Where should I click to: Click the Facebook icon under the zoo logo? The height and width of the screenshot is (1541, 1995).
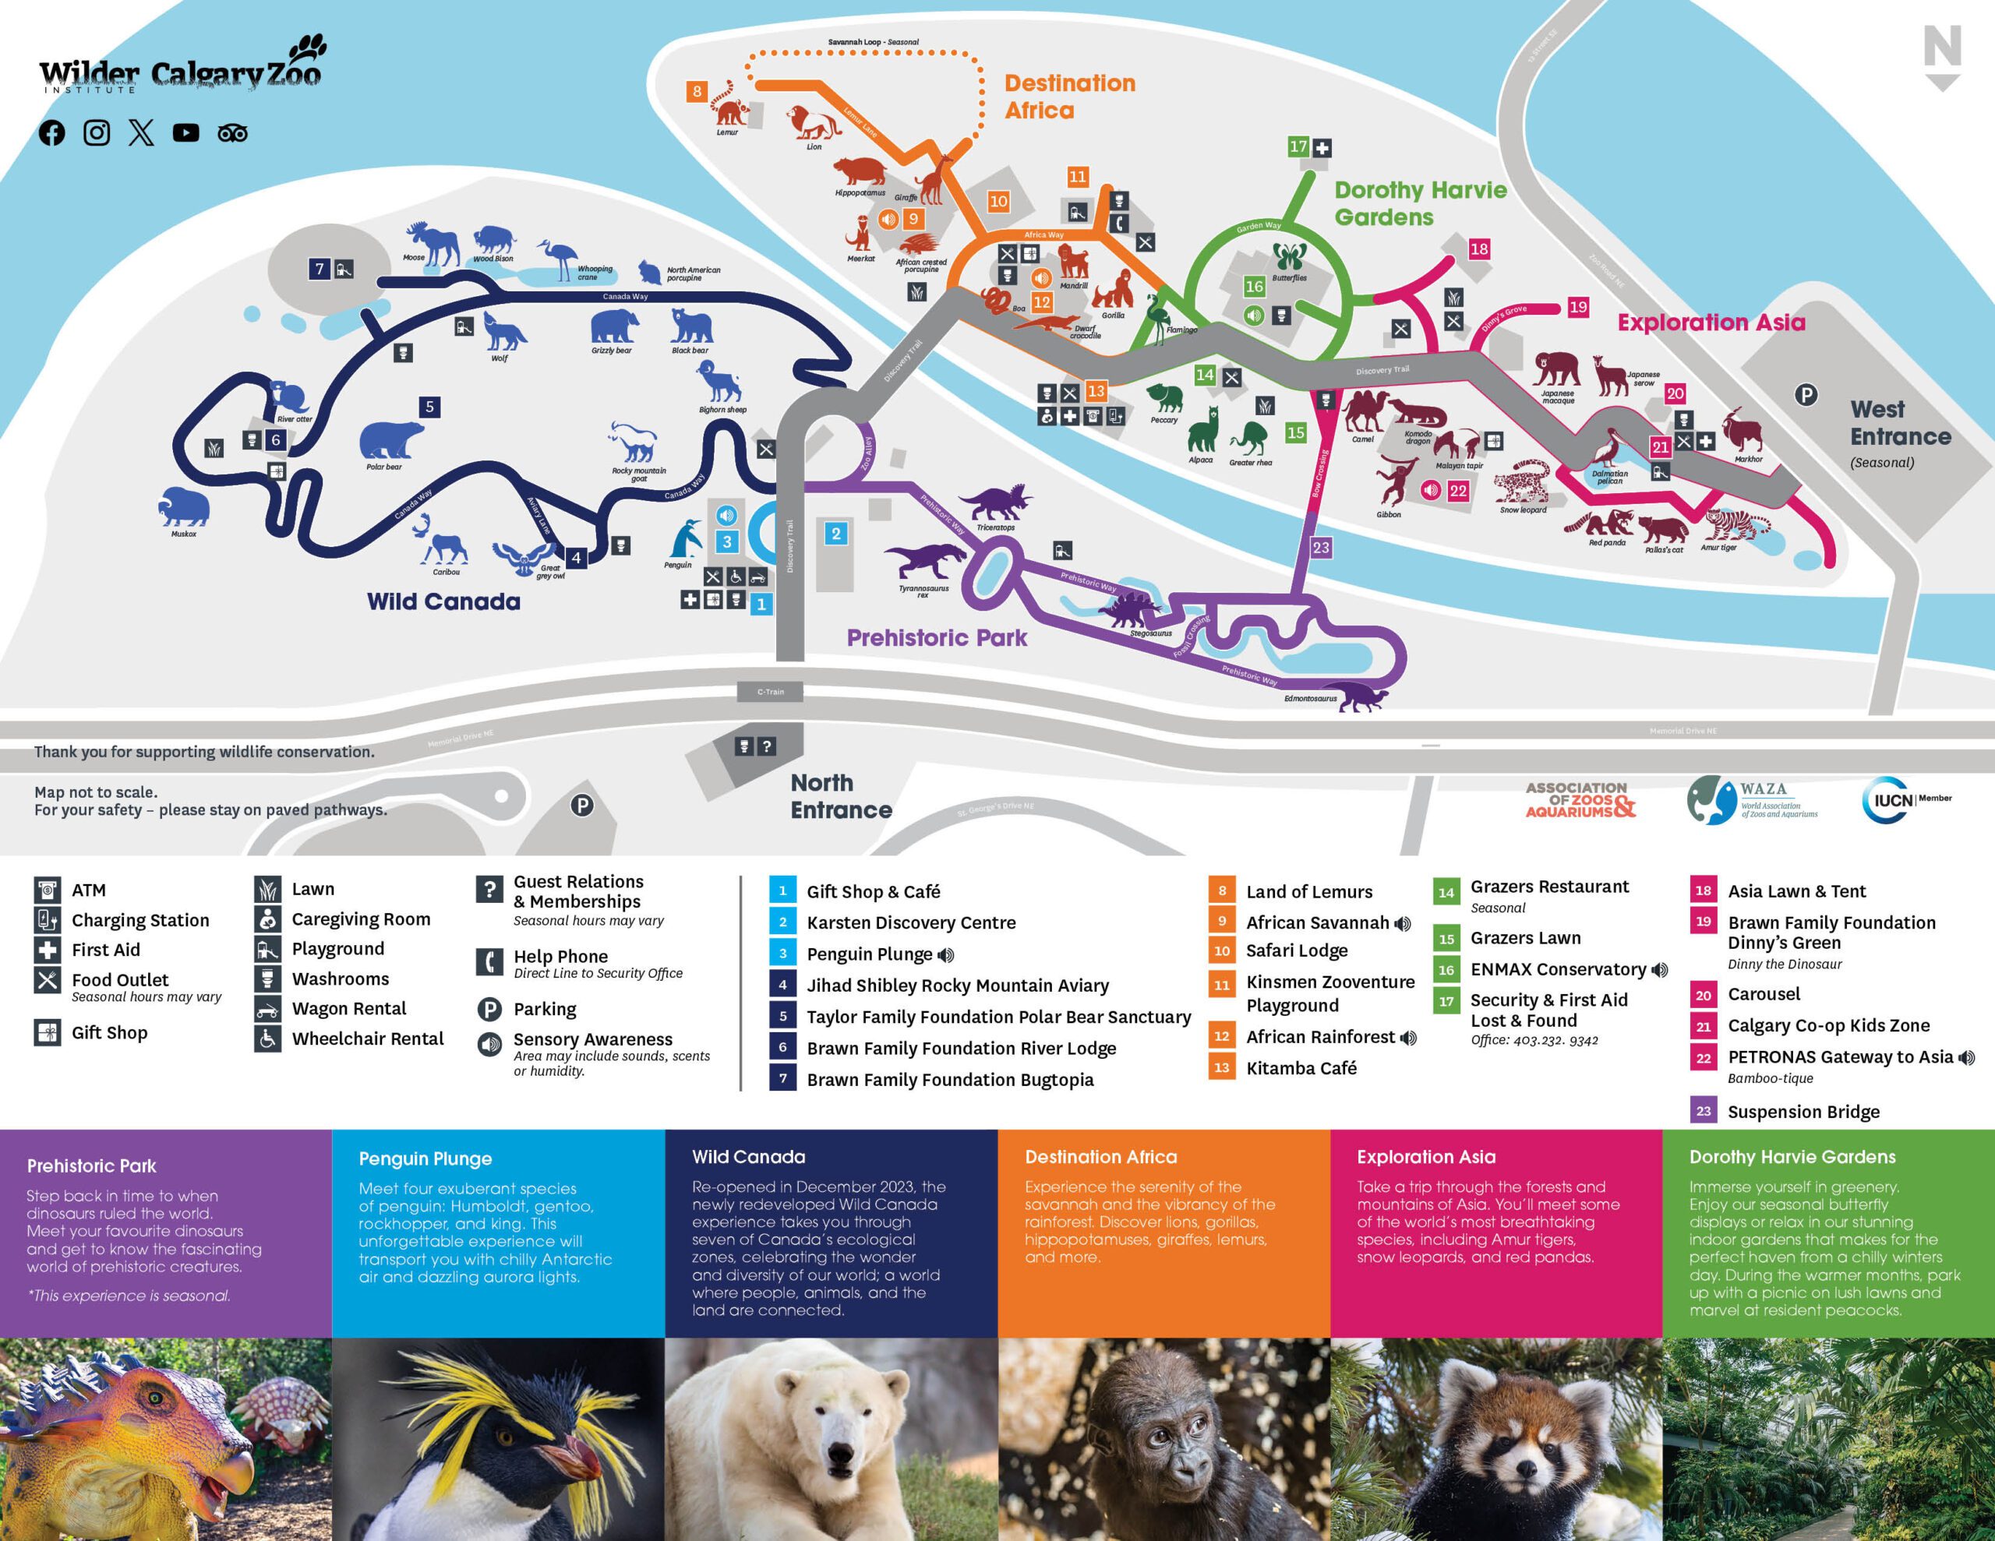[52, 133]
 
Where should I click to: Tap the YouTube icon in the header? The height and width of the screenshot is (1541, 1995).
[186, 133]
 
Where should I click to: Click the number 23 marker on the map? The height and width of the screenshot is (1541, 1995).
[1321, 547]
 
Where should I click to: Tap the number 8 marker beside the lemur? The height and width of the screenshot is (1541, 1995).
[697, 91]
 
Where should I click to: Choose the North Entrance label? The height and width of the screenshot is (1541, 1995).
[840, 795]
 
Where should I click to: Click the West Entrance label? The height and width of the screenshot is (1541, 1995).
[1900, 424]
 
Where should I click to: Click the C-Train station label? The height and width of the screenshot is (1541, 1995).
[770, 692]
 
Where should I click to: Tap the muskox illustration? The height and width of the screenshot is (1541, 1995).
[184, 507]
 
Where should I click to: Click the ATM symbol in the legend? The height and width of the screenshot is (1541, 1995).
[48, 890]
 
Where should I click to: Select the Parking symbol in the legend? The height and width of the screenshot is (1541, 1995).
[489, 1010]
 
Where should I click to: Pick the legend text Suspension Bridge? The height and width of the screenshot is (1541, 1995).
[1803, 1112]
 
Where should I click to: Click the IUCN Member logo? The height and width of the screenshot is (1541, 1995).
[1905, 800]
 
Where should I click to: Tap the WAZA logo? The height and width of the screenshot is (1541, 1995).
[1750, 800]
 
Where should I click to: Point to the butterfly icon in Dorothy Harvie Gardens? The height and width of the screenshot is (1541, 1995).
[1289, 256]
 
